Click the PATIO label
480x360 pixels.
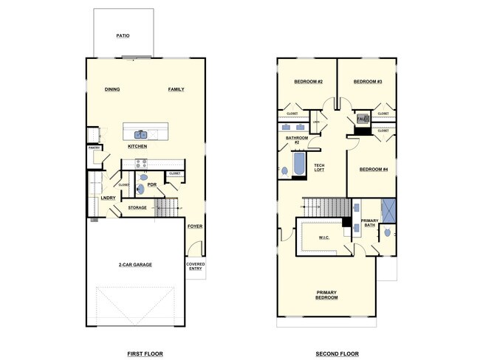click(123, 35)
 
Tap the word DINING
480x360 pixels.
click(112, 89)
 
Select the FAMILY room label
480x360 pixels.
click(176, 89)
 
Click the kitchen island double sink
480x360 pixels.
click(140, 134)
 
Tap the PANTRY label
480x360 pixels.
click(94, 148)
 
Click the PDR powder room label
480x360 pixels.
click(152, 184)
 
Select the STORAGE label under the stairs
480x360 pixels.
click(137, 208)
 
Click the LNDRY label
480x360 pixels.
click(109, 198)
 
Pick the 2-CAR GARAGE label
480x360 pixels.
click(135, 264)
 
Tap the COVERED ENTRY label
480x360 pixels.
click(196, 266)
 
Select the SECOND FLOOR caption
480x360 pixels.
click(337, 354)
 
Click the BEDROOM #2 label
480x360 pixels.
click(308, 81)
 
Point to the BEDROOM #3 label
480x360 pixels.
click(367, 81)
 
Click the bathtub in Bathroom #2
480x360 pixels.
click(299, 165)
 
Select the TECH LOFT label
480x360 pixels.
click(319, 167)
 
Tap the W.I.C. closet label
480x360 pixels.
click(323, 238)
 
